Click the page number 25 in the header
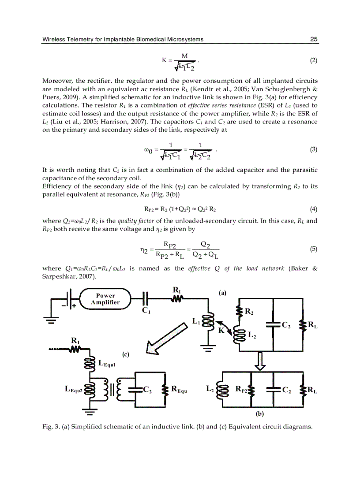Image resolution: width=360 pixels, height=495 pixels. point(314,39)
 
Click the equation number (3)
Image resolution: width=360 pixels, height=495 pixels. point(314,149)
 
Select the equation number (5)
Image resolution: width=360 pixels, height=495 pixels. point(314,249)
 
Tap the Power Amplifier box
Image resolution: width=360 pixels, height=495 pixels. point(105,299)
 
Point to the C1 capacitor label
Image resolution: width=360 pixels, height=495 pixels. point(146,310)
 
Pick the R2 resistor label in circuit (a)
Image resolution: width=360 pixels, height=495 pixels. point(249,312)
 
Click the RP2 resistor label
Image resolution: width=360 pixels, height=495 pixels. point(241,389)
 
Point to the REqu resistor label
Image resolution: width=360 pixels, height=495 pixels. point(179,389)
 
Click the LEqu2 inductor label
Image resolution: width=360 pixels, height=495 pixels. point(74,389)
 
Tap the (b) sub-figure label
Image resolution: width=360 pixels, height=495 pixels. point(260,414)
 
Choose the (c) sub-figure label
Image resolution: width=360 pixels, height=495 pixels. point(126,354)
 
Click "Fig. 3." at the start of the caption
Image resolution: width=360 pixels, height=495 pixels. point(51,426)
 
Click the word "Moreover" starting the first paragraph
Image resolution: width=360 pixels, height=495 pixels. point(57,81)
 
